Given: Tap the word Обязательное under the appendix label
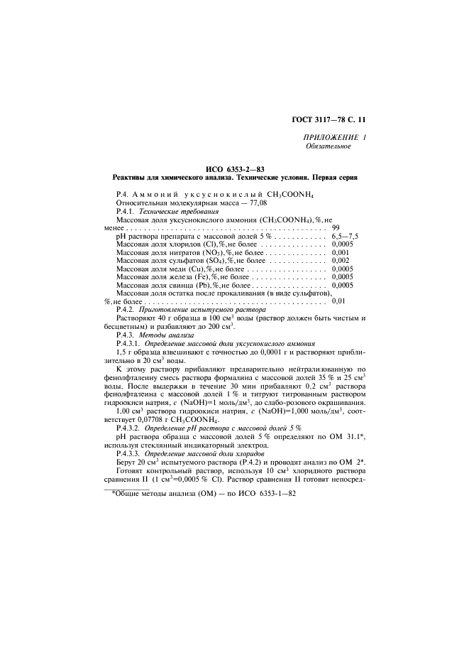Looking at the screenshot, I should (x=327, y=146).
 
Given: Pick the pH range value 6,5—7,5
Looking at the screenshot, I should (x=345, y=237).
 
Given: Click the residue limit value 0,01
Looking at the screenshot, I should (x=339, y=302).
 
